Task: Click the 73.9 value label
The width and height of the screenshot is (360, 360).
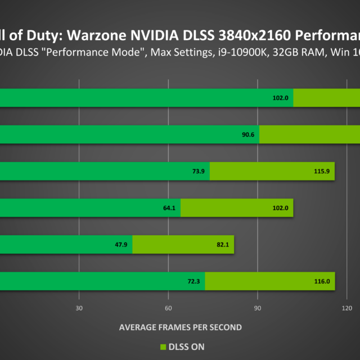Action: click(198, 172)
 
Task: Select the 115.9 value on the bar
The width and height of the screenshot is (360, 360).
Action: click(322, 172)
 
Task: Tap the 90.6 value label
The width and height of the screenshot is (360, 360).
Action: click(247, 135)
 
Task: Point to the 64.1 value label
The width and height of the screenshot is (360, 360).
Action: click(169, 208)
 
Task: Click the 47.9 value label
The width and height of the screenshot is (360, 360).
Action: click(121, 245)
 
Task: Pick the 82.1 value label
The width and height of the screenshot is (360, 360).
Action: click(222, 245)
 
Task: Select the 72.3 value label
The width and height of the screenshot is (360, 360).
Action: click(193, 281)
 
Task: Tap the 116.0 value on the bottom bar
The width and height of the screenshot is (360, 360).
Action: click(322, 281)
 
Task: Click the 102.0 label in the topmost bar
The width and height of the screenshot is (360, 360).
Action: click(280, 98)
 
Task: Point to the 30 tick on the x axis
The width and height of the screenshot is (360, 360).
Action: click(79, 308)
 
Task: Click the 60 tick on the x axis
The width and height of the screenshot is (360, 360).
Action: click(168, 308)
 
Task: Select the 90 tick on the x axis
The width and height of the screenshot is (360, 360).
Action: click(257, 308)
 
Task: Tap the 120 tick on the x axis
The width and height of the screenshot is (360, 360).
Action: click(347, 308)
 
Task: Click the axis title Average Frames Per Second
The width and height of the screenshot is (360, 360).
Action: click(180, 327)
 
